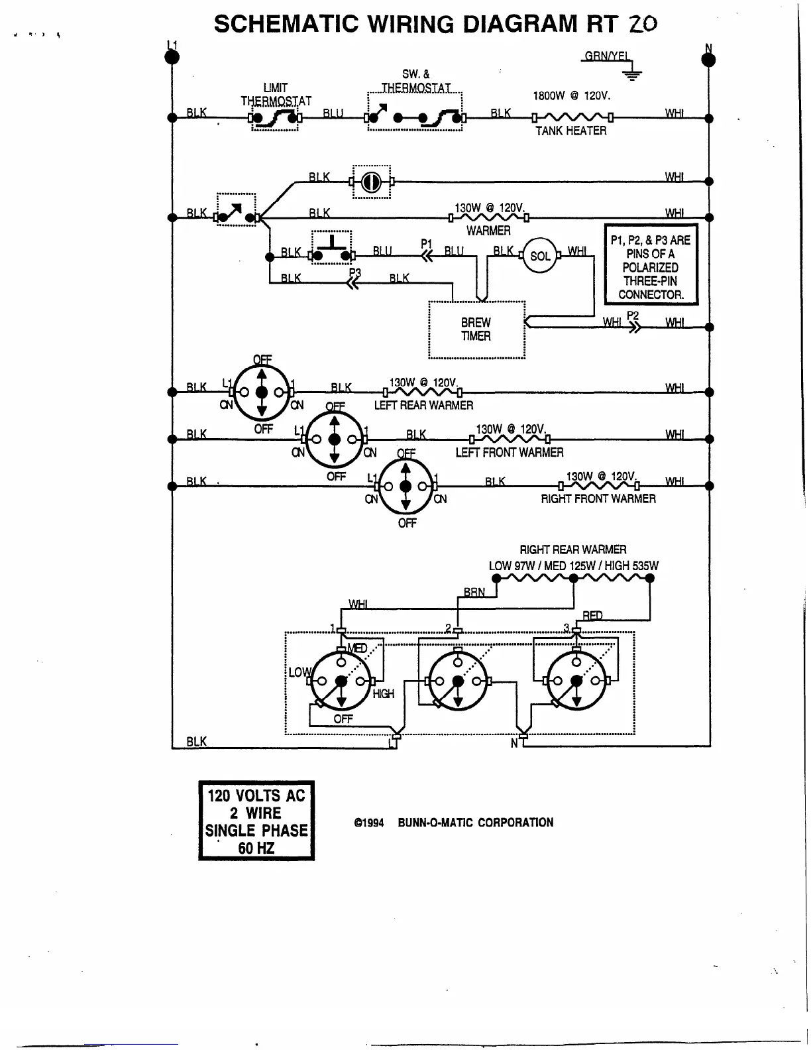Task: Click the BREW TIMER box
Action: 476,329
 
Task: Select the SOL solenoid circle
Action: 540,256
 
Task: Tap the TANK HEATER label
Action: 570,131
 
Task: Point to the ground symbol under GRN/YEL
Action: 633,74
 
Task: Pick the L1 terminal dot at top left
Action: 172,57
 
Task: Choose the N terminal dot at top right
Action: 708,60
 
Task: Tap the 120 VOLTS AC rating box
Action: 256,821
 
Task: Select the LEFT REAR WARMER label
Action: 423,405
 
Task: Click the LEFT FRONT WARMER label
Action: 509,453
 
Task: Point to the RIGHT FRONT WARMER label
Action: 598,499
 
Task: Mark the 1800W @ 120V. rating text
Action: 571,96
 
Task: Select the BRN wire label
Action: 474,592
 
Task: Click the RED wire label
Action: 592,616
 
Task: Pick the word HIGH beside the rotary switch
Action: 383,694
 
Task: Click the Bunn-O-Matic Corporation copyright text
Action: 454,823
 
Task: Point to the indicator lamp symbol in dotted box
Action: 371,182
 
